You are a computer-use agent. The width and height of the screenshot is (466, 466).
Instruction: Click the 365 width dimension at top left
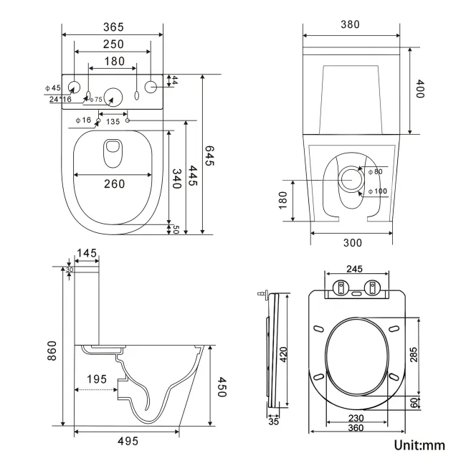(x=113, y=27)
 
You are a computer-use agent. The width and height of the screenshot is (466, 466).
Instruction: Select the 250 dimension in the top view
(x=113, y=44)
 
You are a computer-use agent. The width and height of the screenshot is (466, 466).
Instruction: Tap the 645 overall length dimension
(x=209, y=156)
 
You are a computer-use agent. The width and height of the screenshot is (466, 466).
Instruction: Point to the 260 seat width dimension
(x=113, y=184)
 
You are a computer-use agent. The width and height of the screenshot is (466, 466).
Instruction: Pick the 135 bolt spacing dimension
(x=113, y=121)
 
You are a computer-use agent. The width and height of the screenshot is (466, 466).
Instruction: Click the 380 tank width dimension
(x=350, y=24)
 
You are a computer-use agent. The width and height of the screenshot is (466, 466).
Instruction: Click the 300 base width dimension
(x=352, y=242)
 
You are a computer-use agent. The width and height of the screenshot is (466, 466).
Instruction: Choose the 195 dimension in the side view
(x=97, y=377)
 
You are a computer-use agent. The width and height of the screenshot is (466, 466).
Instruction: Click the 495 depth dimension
(x=128, y=440)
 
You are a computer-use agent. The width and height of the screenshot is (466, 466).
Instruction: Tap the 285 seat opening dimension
(x=414, y=354)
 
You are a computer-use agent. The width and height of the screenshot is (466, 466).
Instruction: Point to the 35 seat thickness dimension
(x=272, y=422)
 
